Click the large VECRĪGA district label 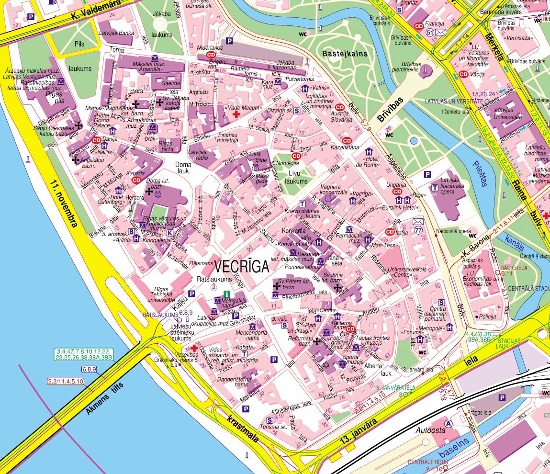tap(242, 267)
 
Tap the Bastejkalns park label tap(345, 54)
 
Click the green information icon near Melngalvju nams tap(227, 294)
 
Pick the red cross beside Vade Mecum tap(236, 115)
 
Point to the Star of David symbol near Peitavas tap(327, 365)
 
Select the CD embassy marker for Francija tap(419, 26)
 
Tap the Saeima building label tap(171, 83)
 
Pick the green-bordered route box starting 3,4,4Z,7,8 tap(84, 354)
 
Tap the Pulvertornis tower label tap(300, 79)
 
